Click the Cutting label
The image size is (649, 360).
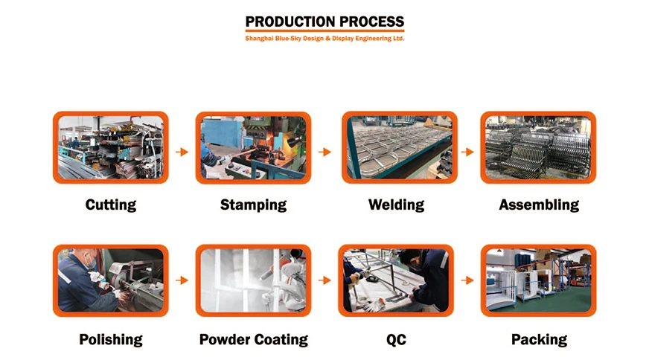coord(111,205)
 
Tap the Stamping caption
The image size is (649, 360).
coord(253,205)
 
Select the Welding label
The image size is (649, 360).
coord(396,205)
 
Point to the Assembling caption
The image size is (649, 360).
coord(539,205)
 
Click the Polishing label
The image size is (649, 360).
coord(111,340)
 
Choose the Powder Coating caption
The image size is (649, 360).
coord(253,340)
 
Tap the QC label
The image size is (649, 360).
coord(396,340)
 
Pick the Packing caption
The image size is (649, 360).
coord(539,340)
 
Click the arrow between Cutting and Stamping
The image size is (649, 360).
coord(182,152)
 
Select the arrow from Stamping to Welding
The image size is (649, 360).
coord(324,152)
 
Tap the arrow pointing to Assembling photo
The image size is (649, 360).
coord(467,152)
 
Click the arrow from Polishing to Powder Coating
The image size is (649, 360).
coord(182,280)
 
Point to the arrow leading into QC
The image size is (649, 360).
coord(324,280)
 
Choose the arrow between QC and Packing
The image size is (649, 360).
coord(467,280)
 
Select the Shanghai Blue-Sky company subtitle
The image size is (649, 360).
coord(324,38)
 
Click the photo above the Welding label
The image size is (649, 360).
coord(400,147)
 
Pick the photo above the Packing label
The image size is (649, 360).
coord(538,280)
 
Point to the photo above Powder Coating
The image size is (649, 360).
coord(253,280)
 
